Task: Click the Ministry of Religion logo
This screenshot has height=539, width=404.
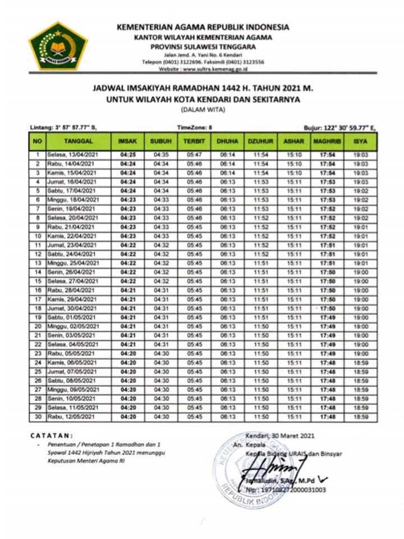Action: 58,45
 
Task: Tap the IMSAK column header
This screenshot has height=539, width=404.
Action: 128,141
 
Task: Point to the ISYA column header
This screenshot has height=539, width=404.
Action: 360,141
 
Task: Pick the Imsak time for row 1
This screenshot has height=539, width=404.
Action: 128,155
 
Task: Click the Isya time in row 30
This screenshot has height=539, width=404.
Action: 360,417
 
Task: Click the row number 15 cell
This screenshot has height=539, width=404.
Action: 37,281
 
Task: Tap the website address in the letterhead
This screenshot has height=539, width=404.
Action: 203,69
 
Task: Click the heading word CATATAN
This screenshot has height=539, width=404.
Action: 51,435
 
